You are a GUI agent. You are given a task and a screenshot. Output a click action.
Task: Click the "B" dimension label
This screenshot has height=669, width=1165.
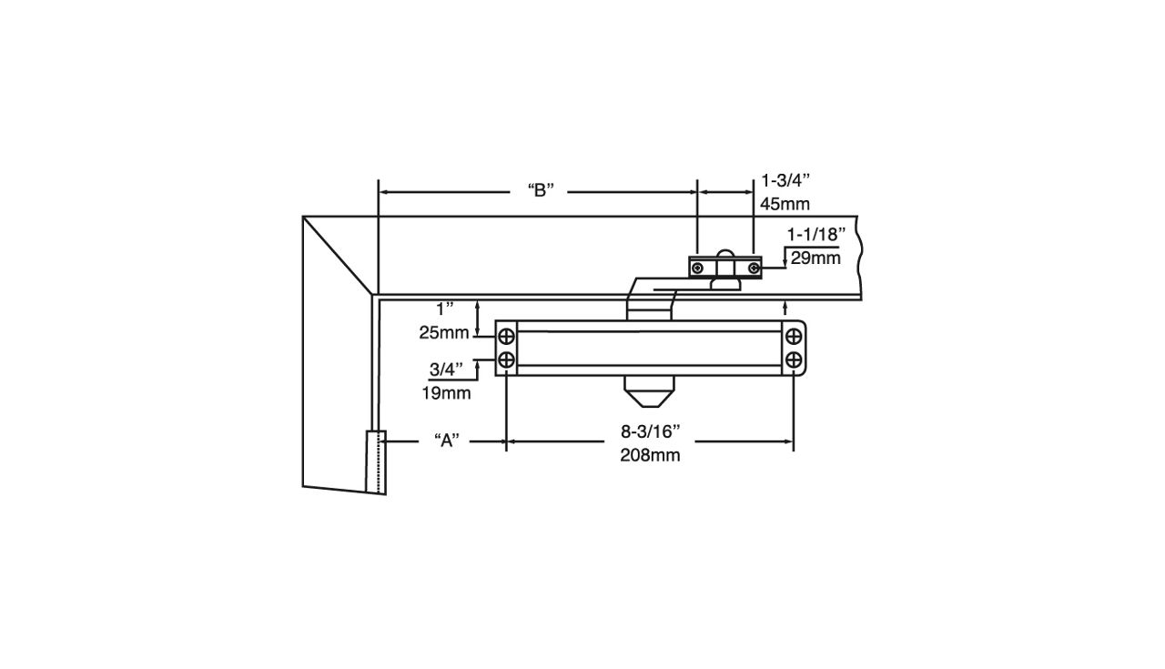click(541, 191)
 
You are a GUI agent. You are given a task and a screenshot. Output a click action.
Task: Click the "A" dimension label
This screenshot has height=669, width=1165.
click(446, 441)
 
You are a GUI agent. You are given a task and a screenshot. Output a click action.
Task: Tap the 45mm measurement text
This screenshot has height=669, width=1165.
click(785, 205)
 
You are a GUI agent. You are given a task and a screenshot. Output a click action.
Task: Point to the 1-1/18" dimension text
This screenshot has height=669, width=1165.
click(815, 235)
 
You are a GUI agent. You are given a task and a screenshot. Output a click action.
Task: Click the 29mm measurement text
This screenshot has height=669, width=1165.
click(815, 258)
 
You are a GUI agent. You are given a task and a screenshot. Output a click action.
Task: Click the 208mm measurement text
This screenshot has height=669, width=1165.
click(650, 456)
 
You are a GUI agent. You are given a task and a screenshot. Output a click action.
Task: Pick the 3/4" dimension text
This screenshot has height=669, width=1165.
click(447, 370)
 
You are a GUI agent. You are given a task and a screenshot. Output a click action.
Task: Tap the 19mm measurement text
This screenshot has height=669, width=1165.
click(446, 393)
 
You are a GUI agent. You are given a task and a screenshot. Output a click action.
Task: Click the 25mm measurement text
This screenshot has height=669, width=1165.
click(444, 333)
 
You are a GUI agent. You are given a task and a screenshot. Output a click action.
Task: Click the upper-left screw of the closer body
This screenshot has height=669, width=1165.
click(507, 338)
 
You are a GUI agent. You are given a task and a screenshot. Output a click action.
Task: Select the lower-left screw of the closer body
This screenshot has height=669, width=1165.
click(507, 359)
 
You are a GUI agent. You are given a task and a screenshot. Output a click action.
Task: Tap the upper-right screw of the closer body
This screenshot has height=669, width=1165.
click(795, 338)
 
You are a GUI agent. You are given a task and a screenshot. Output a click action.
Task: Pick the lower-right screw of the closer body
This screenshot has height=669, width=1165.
click(795, 359)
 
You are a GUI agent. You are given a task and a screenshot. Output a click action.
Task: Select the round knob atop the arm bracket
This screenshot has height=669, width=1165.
click(725, 256)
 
